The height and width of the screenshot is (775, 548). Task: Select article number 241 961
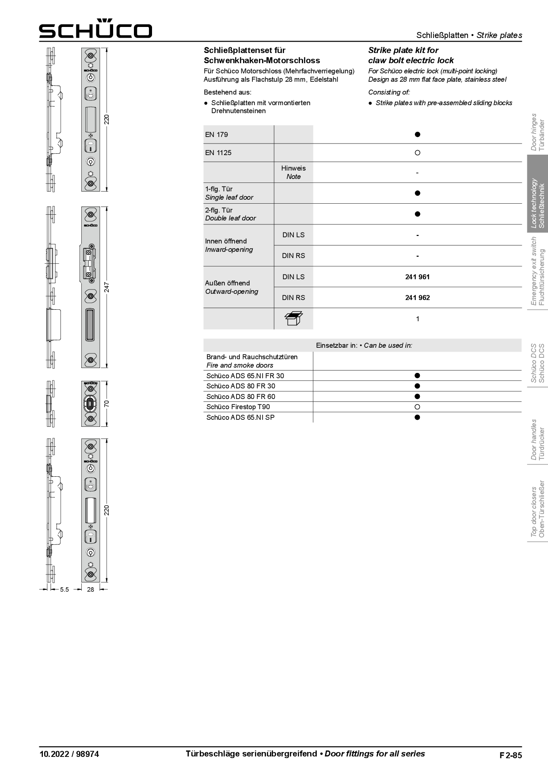[417, 277]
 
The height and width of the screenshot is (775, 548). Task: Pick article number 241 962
[417, 298]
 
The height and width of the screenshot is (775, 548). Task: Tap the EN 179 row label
[217, 135]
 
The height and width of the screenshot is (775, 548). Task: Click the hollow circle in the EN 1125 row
[417, 153]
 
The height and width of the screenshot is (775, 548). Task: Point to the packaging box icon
[293, 318]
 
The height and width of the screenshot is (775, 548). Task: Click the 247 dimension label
[107, 287]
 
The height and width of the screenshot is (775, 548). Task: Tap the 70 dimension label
[107, 403]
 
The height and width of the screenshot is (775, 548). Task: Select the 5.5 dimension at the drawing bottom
[65, 589]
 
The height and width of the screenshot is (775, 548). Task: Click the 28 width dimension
[91, 589]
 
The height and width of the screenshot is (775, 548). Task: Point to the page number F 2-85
[510, 755]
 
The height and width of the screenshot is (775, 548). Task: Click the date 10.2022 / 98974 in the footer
[69, 754]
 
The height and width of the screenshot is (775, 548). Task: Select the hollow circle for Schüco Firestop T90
[417, 407]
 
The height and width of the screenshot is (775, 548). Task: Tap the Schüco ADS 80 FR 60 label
[240, 397]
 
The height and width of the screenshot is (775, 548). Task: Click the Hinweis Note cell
[293, 172]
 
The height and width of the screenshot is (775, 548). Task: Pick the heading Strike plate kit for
[403, 50]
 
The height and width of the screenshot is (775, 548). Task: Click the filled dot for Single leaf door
[417, 193]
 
